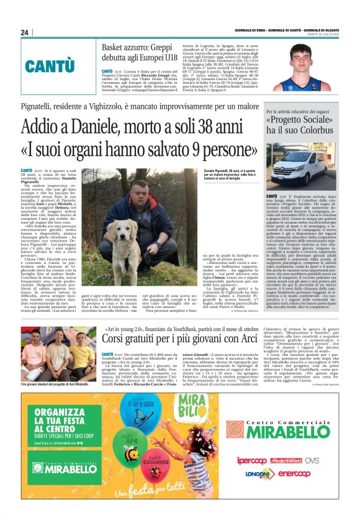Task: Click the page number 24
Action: click(24, 32)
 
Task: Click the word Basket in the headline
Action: click(117, 48)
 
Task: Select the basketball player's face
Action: click(302, 57)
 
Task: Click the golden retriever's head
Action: click(117, 217)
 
